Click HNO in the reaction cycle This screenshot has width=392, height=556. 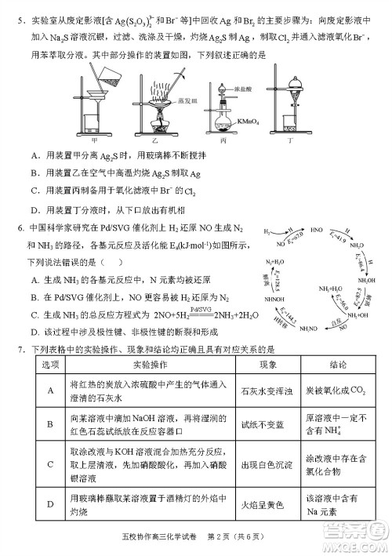(x=314, y=232)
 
